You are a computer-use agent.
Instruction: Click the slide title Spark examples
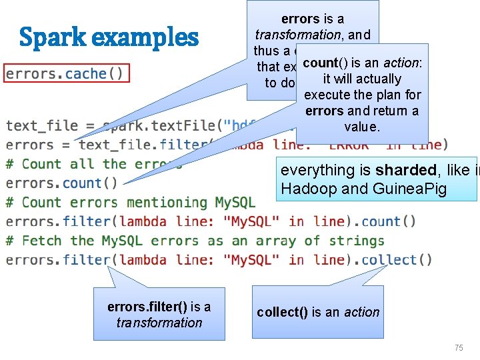tap(109, 38)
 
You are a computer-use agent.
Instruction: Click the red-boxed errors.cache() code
tap(65, 73)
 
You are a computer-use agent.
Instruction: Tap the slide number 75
tap(458, 347)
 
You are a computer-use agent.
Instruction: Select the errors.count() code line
tap(62, 183)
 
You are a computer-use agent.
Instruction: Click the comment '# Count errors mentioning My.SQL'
tap(131, 202)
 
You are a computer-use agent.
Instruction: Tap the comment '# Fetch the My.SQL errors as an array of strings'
tap(195, 241)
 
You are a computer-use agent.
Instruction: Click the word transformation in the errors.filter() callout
tap(159, 323)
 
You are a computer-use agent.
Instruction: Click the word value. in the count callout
tap(361, 127)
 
